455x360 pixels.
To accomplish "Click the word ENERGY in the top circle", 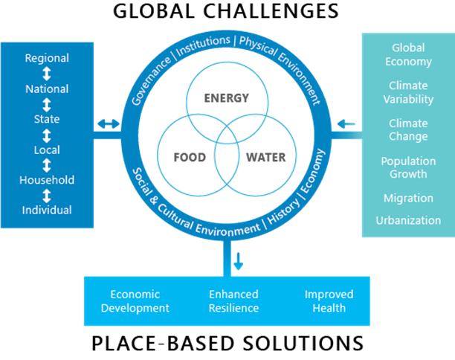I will click(227, 98).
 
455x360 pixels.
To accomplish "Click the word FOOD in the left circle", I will click(190, 158).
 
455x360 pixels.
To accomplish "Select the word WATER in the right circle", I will click(265, 158).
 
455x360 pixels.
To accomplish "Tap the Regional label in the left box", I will click(47, 58).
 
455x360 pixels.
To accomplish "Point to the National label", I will click(47, 89).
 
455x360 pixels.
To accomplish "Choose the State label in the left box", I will click(47, 119).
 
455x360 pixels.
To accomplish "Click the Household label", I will click(47, 180).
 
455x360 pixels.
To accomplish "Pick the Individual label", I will click(47, 210).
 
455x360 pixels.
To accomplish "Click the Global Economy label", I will click(408, 54).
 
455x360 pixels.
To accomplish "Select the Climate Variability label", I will click(408, 92).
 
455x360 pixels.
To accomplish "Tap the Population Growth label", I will click(408, 167).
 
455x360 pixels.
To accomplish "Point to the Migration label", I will click(408, 198).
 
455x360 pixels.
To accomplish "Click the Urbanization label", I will click(408, 220).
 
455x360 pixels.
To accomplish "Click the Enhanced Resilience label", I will click(233, 301).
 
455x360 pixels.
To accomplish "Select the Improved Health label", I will click(329, 301).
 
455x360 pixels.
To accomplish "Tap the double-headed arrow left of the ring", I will click(109, 123).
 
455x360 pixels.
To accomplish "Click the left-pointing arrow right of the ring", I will click(346, 123).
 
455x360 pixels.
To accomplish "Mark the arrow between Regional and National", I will click(47, 74).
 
